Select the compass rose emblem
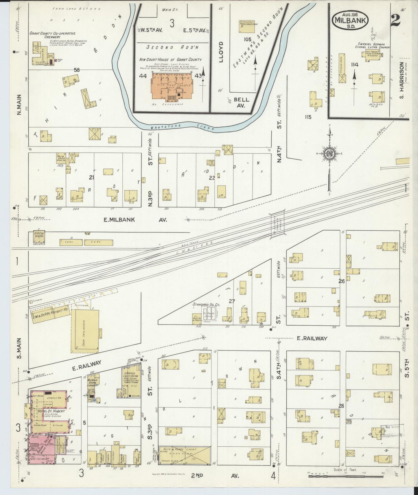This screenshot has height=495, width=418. pos(329,154)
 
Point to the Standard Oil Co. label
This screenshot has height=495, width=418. pos(206,305)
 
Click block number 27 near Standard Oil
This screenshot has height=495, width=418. pos(232,301)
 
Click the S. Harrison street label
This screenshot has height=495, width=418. pos(402,80)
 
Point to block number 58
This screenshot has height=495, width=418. pos(77,70)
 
